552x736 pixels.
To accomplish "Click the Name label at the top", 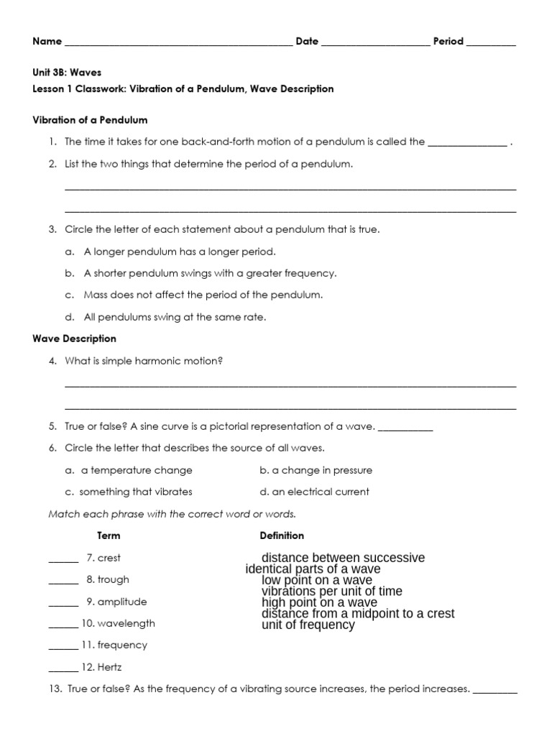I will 47,42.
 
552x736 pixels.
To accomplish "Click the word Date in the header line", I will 307,42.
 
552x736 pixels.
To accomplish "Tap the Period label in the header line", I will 448,42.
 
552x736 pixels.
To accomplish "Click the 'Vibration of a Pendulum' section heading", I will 90,120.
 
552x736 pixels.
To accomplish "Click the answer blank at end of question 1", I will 467,142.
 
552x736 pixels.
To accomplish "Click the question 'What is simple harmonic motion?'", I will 144,361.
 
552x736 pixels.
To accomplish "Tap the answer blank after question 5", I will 405,427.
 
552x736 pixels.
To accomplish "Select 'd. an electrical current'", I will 314,492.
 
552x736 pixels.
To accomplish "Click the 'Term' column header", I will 109,535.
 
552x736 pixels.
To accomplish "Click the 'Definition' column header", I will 282,535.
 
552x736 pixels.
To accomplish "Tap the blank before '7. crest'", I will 63,559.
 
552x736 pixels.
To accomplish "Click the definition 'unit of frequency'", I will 308,625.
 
